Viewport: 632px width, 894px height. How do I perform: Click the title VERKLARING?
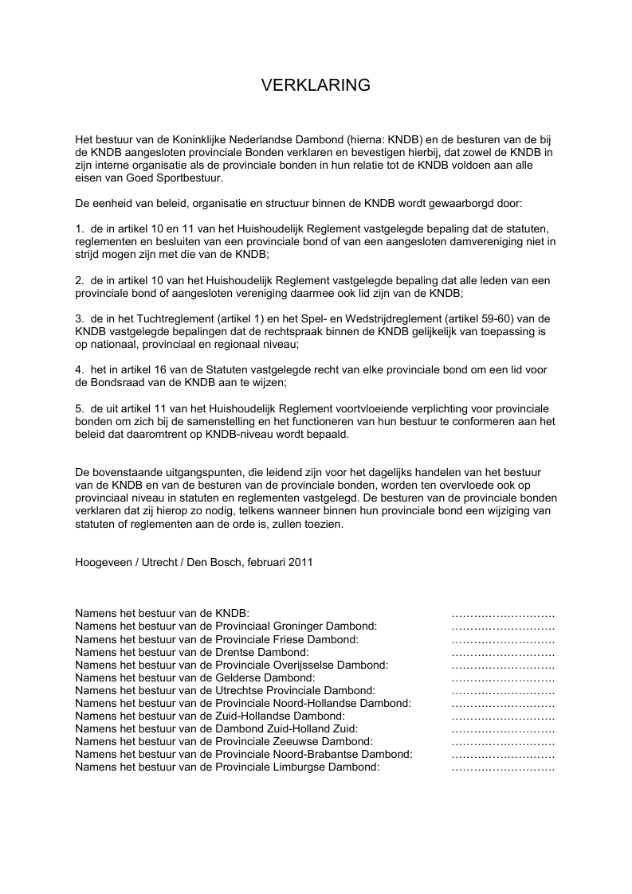click(x=316, y=85)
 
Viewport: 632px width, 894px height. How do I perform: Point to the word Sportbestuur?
click(x=190, y=178)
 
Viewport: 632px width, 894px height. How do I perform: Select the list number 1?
click(x=79, y=229)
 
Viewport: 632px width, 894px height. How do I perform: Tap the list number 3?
click(x=79, y=318)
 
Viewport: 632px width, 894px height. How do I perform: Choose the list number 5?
click(x=79, y=408)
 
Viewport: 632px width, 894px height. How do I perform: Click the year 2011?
click(x=300, y=562)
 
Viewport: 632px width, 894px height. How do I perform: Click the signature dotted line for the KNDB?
click(x=502, y=615)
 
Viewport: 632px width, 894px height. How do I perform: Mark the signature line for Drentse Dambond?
click(x=502, y=653)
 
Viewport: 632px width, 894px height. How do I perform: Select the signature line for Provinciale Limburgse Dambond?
click(x=502, y=767)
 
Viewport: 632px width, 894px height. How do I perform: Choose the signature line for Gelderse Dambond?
click(x=502, y=678)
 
